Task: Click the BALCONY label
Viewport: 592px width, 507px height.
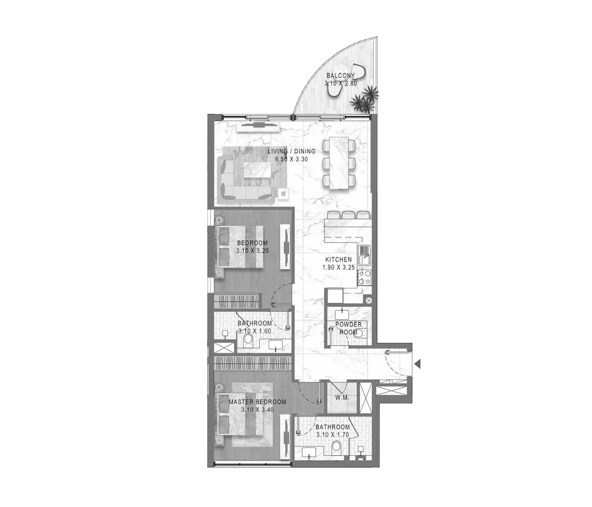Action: coord(341,76)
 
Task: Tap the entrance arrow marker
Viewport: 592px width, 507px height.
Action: coord(418,364)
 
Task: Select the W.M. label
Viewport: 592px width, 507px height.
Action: coord(342,398)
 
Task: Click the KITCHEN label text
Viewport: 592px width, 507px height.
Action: coord(338,260)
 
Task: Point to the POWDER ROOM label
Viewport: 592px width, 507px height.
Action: coord(348,328)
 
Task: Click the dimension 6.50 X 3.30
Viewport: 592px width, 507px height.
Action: coord(291,159)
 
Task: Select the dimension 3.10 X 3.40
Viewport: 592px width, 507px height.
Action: coord(257,410)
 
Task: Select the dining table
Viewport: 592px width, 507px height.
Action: coord(339,163)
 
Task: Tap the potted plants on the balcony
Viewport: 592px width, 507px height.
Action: coord(365,100)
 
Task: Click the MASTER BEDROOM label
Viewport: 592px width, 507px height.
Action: coord(257,402)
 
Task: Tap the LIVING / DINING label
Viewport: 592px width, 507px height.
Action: coord(291,151)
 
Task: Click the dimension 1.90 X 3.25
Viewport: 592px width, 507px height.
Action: coord(339,268)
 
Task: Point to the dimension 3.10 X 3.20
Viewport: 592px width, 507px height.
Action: coord(252,251)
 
